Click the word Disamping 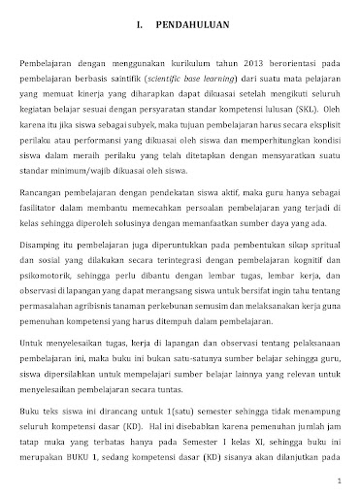click(x=44, y=246)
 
